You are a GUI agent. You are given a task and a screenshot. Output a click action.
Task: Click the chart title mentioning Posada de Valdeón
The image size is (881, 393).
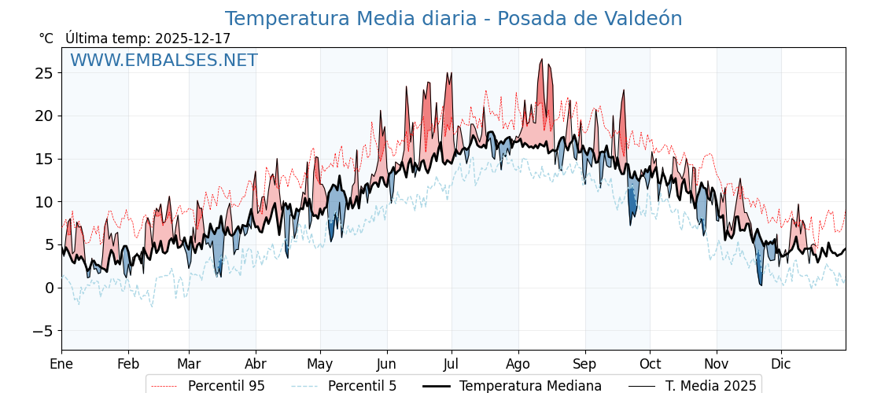click(x=453, y=19)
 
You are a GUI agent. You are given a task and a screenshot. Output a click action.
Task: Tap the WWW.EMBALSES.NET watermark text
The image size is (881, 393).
click(x=164, y=61)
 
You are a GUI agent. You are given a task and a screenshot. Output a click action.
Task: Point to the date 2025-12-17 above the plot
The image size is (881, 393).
click(x=193, y=39)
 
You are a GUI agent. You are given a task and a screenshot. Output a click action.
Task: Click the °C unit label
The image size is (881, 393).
click(x=46, y=39)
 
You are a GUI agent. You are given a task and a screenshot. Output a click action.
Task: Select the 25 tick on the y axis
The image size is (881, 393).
click(x=43, y=73)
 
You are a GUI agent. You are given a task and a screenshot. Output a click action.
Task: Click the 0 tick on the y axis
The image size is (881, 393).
click(x=48, y=288)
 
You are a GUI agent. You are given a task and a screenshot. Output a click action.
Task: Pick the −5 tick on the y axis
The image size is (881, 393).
click(x=42, y=331)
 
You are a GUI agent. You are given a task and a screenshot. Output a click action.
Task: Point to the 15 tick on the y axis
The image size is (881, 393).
click(x=43, y=159)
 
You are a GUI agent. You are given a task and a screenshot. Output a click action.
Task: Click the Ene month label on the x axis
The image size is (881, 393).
click(x=61, y=364)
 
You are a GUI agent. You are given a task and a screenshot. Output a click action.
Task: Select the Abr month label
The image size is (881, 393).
click(x=256, y=364)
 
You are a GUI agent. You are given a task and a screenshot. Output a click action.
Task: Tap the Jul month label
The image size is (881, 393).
click(x=452, y=364)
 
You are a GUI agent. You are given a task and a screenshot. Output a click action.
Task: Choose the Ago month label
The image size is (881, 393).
click(x=518, y=364)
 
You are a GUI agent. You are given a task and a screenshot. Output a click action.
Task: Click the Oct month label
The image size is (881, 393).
click(x=650, y=364)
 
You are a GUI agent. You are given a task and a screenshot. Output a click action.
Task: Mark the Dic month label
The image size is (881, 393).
click(x=781, y=364)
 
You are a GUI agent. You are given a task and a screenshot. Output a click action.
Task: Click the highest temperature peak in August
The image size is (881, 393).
click(x=541, y=59)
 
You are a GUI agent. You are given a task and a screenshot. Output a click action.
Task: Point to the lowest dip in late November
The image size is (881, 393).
click(x=761, y=285)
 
